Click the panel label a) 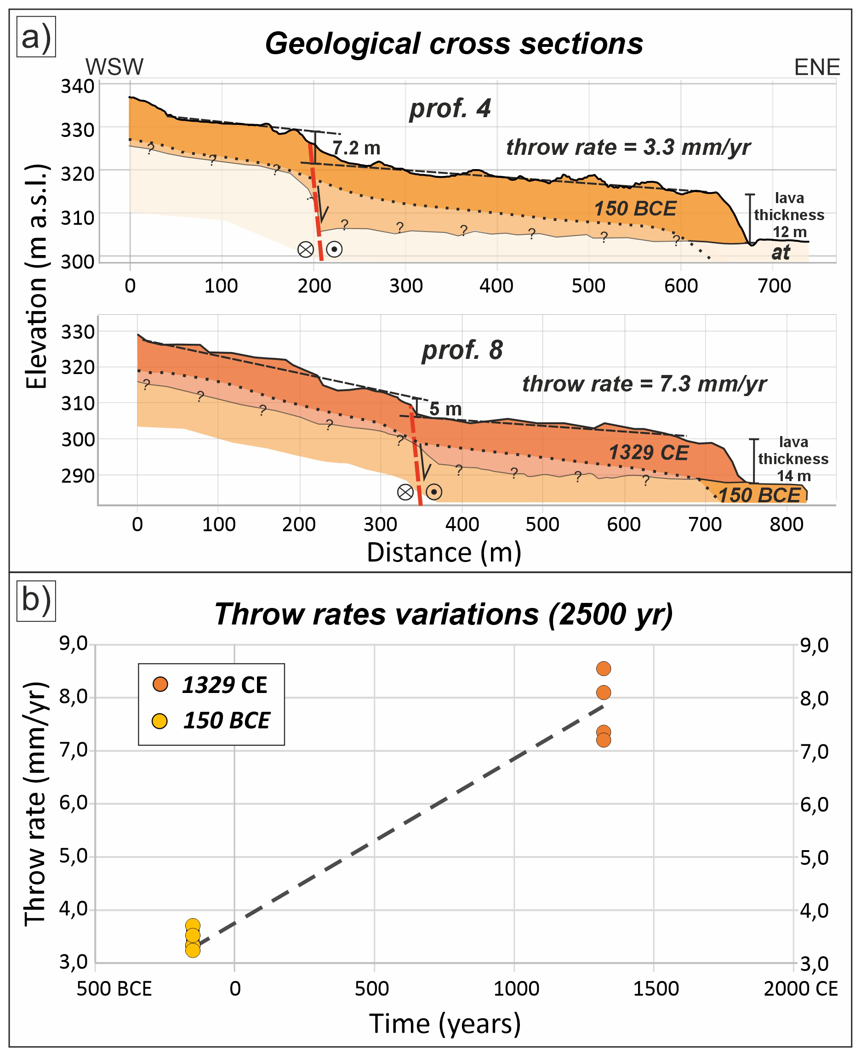pos(36,37)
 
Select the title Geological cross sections pos(454,44)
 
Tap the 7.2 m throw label pos(356,148)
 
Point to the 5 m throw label pos(445,409)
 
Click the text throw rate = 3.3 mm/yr pos(628,147)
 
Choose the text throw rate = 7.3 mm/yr pos(644,384)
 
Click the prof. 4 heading pos(450,108)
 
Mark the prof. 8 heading pos(462,350)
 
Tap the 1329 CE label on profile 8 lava pos(648,453)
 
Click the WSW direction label pos(114,67)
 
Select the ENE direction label pos(817,67)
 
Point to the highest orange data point pos(603,669)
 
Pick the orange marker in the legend pos(160,685)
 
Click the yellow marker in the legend pos(160,721)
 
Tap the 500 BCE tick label pos(114,988)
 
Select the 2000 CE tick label pos(800,988)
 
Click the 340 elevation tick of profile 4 pos(77,86)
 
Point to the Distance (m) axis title pos(444,553)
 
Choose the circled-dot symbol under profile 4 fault pos(334,249)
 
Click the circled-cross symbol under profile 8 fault pos(405,492)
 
